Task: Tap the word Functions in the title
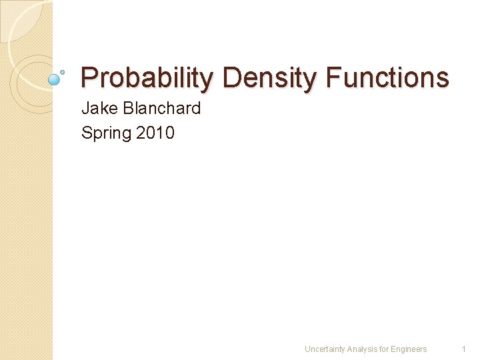click(387, 78)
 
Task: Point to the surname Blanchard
click(161, 108)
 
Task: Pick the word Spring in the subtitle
click(107, 133)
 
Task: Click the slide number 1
click(463, 349)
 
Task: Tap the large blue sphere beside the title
click(55, 79)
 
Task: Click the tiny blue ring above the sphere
click(63, 71)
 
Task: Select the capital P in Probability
click(88, 78)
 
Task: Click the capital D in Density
click(231, 78)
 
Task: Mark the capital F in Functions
click(333, 78)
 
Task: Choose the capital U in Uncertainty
click(307, 349)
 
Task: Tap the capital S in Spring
click(87, 133)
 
